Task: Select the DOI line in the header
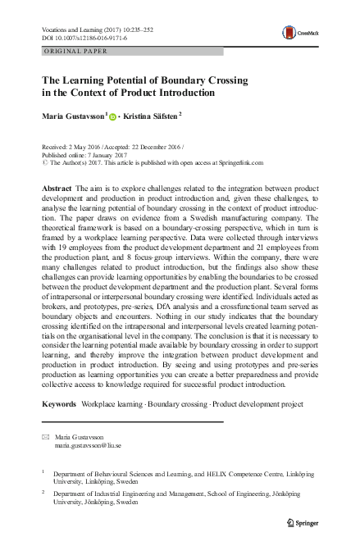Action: tap(83, 37)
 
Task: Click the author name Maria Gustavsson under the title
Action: tap(73, 117)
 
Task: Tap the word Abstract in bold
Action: tap(56, 189)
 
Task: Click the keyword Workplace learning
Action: tap(112, 405)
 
